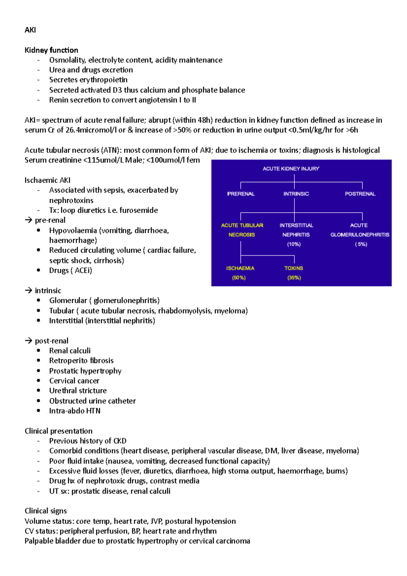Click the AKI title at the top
coord(30,30)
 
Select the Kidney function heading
coord(51,50)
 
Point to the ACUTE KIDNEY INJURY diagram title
coord(291,169)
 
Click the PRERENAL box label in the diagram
coord(241,194)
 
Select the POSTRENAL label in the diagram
coord(360,194)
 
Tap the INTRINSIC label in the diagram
coord(296,194)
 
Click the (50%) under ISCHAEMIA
coord(239,277)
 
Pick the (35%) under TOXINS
coord(294,277)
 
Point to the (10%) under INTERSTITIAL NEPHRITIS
coord(294,244)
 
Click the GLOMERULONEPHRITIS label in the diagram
coord(360,234)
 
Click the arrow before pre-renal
coord(28,220)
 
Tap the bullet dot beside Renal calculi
coord(39,350)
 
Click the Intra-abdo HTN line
coord(75,411)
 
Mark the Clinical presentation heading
coord(58,431)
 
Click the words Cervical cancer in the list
coord(74,381)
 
